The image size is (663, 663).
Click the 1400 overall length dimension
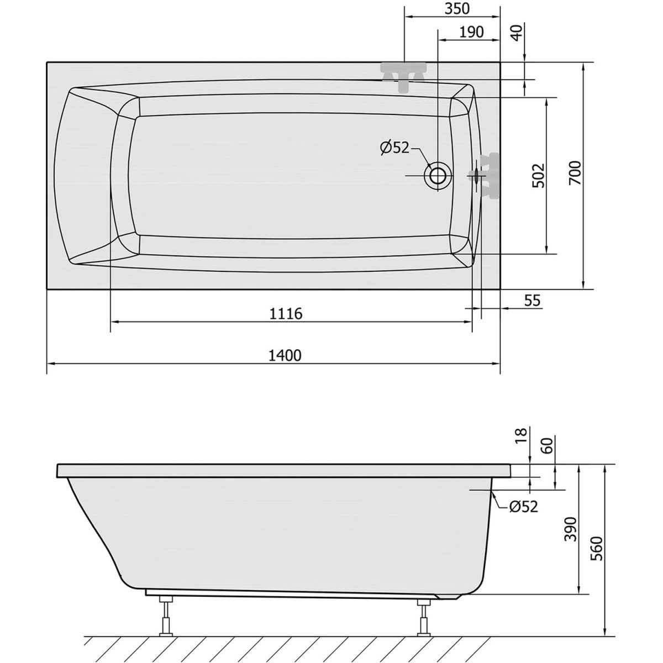(285, 355)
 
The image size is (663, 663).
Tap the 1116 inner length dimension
(286, 314)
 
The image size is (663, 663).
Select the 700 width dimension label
(575, 173)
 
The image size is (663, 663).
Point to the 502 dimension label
(539, 176)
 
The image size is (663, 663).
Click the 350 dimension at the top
(457, 9)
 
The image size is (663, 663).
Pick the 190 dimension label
(471, 32)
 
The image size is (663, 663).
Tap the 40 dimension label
(517, 33)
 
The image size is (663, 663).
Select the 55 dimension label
(533, 301)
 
